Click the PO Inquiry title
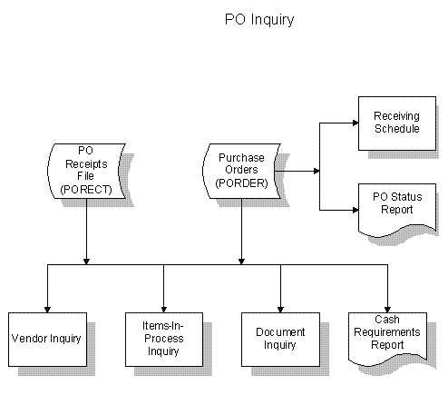[x=259, y=20]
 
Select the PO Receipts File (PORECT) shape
[x=86, y=171]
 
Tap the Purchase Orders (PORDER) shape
[x=241, y=171]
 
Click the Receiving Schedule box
[x=397, y=123]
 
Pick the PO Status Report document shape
[x=397, y=210]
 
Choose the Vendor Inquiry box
[x=47, y=340]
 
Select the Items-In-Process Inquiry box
[x=164, y=340]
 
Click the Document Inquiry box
[x=280, y=340]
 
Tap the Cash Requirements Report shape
[x=387, y=338]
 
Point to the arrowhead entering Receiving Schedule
[x=355, y=123]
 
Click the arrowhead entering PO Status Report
[x=355, y=210]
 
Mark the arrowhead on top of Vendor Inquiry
[x=47, y=310]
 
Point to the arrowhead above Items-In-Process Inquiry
[x=164, y=310]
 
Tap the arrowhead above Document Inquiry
[x=280, y=310]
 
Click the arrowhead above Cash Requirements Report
[x=387, y=310]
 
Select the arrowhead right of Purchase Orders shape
[x=317, y=171]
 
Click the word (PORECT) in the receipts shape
[x=86, y=190]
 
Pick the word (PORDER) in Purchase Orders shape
[x=241, y=183]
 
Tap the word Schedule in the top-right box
[x=397, y=129]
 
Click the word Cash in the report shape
[x=387, y=320]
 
